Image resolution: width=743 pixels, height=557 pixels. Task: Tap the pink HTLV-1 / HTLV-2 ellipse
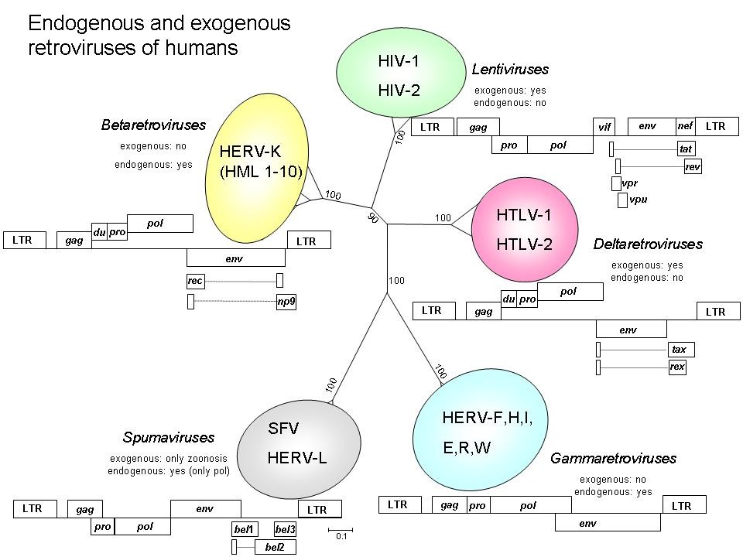click(524, 230)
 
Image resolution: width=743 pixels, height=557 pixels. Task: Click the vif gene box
click(604, 127)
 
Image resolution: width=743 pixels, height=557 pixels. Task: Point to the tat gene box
click(685, 149)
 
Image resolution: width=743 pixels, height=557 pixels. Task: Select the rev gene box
click(693, 166)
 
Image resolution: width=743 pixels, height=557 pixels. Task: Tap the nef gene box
click(685, 125)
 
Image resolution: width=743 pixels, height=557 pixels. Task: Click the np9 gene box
click(286, 302)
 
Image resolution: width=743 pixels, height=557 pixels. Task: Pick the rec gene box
click(195, 281)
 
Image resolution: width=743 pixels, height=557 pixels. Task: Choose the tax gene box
click(679, 350)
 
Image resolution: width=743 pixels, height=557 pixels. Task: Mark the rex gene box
click(677, 367)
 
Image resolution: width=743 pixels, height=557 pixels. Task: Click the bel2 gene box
click(275, 548)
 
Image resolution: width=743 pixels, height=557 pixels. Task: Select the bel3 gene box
click(285, 529)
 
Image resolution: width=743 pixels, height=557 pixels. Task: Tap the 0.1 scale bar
click(341, 531)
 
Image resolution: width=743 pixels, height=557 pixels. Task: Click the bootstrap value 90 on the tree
click(373, 219)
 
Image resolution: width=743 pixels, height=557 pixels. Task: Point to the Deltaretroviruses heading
click(648, 244)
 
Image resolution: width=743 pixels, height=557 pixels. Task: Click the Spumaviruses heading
click(168, 438)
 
